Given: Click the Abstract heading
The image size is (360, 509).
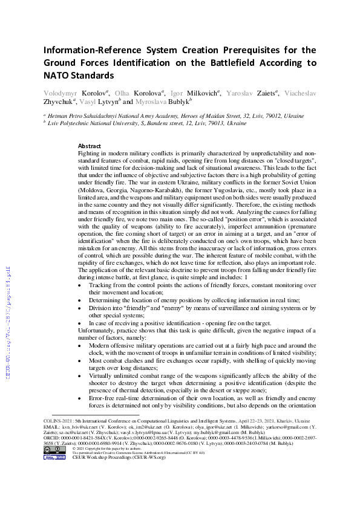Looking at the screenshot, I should (90, 146).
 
